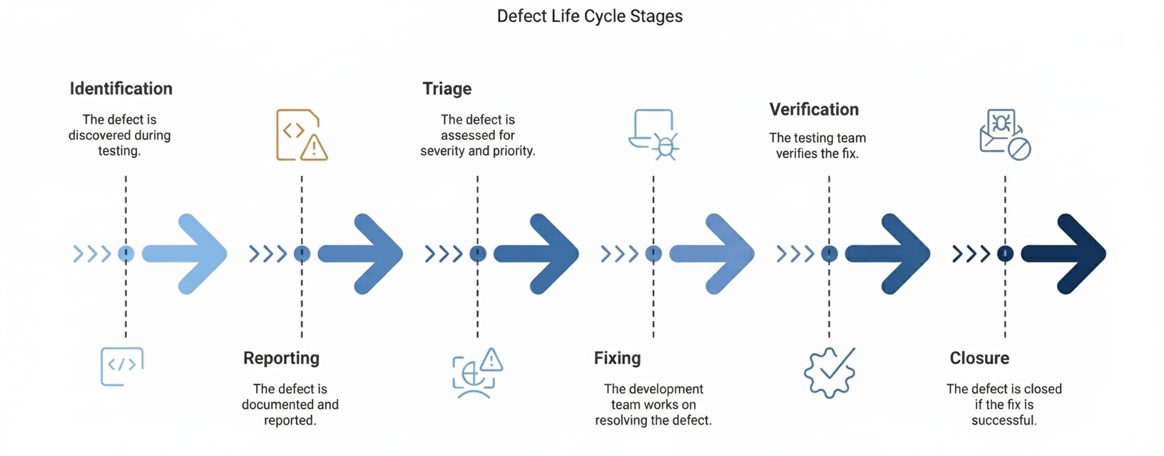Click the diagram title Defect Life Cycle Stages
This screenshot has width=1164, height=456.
(x=589, y=16)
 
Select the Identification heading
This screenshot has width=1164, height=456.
(x=121, y=89)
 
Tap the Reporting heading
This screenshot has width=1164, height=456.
(x=281, y=358)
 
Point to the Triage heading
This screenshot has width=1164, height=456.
(x=446, y=89)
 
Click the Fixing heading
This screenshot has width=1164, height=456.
(x=617, y=358)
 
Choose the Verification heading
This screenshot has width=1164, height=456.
(x=814, y=110)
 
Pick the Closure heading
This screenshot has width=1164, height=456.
(x=979, y=358)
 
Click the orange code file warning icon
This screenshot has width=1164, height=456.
(x=302, y=135)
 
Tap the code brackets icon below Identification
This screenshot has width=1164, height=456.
(x=122, y=366)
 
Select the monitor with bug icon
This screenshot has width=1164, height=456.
(x=654, y=135)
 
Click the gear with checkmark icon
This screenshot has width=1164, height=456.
(x=829, y=372)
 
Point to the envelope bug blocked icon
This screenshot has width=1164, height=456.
(x=1005, y=135)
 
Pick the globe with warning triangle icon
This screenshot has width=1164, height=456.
(x=477, y=372)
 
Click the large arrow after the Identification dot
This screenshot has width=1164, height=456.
(x=187, y=254)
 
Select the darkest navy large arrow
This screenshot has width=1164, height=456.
(x=1066, y=254)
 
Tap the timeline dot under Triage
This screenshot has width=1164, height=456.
(x=478, y=254)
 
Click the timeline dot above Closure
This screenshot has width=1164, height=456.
(x=1005, y=254)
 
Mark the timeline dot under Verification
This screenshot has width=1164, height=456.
(x=829, y=254)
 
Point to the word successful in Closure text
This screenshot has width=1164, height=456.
(x=1004, y=420)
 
